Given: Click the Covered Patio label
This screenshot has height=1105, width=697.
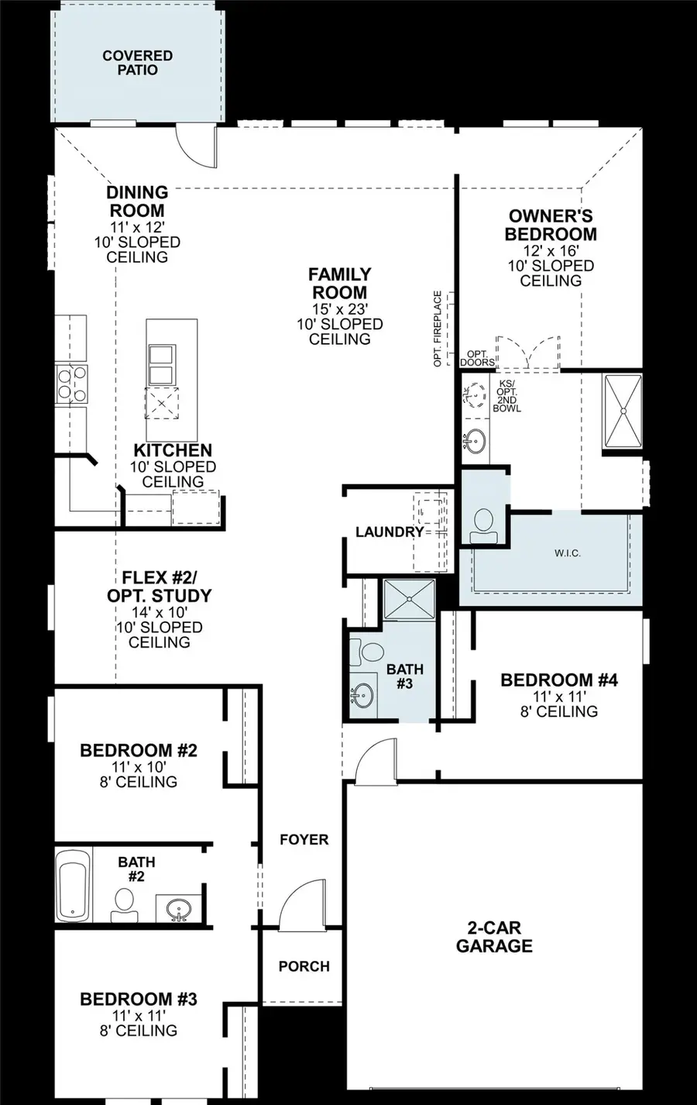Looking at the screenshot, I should tap(137, 63).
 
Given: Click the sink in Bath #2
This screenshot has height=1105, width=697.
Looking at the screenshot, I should tap(180, 907).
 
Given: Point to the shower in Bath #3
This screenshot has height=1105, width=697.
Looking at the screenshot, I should tap(410, 598).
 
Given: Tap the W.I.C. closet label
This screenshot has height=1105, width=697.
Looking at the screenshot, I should tap(567, 552).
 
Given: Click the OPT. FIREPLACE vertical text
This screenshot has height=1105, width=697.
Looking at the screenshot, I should tap(438, 329).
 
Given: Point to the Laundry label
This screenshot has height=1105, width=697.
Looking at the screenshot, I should tap(390, 532).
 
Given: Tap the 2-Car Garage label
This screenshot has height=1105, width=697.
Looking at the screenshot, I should tap(494, 937).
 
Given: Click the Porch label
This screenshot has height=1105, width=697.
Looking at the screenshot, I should tap(304, 966).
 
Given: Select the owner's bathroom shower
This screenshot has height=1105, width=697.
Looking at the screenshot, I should tap(623, 411).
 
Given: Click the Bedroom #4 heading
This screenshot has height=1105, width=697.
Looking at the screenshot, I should tap(558, 680).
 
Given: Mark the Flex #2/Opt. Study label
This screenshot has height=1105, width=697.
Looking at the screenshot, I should tap(159, 587).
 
